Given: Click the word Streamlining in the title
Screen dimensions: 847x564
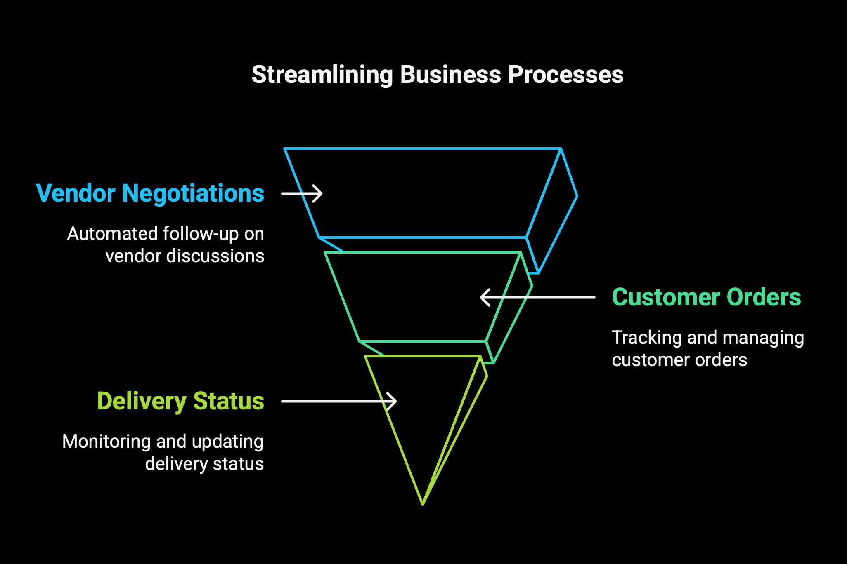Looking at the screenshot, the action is (x=322, y=75).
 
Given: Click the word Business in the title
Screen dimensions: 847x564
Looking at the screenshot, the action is (x=450, y=75).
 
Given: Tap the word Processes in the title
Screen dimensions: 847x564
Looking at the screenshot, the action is (x=565, y=75).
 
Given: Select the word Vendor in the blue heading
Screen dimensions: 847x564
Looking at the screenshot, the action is (x=76, y=193).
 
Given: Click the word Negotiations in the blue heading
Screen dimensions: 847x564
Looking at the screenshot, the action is (x=193, y=194).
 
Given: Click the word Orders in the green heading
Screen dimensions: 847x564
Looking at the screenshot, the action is (x=764, y=297).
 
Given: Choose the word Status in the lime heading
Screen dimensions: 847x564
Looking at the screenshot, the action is (x=229, y=401).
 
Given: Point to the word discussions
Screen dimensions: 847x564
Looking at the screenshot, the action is (x=215, y=256).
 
